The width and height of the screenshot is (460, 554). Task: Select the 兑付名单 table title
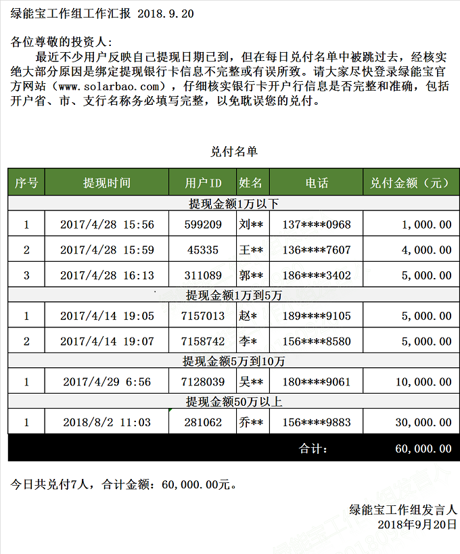click(x=233, y=152)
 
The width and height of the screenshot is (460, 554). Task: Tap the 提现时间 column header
click(x=107, y=183)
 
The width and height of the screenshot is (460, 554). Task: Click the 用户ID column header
click(x=203, y=183)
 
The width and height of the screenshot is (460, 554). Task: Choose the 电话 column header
click(x=317, y=183)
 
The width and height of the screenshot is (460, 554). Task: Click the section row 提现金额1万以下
click(x=233, y=204)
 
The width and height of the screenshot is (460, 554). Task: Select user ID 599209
click(x=203, y=225)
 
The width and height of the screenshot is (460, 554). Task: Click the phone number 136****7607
click(x=317, y=250)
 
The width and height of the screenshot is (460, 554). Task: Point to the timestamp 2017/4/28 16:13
click(x=107, y=275)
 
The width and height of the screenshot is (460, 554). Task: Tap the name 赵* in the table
click(x=248, y=316)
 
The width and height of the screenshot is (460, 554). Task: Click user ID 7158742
click(x=203, y=342)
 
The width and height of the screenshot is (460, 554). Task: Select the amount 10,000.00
click(x=423, y=382)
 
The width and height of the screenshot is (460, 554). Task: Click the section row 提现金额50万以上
click(x=233, y=402)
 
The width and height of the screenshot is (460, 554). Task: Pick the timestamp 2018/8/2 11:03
click(x=107, y=422)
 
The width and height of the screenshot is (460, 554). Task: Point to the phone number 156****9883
click(x=317, y=422)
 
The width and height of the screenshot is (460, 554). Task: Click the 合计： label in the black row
click(x=313, y=448)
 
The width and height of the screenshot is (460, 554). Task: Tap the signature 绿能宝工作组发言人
click(x=402, y=509)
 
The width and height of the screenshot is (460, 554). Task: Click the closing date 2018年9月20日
click(x=417, y=524)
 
